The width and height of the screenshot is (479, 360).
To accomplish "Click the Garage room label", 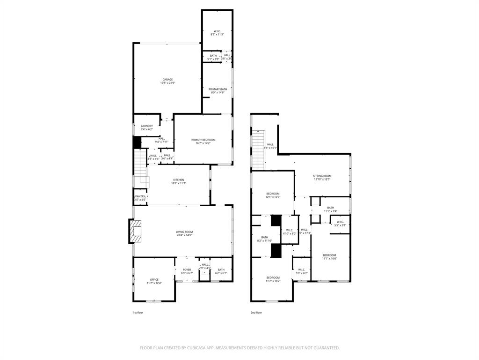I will tap(167, 80).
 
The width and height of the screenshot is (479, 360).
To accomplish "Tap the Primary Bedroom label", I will tap(203, 140).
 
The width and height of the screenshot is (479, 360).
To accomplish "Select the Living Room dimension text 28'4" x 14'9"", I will tap(184, 235).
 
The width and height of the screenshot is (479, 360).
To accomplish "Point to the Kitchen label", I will tap(179, 180).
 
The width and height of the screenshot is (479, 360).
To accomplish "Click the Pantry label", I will tap(140, 196).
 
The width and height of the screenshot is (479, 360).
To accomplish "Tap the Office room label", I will tap(154, 280).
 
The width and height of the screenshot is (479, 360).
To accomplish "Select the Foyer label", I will tap(187, 270).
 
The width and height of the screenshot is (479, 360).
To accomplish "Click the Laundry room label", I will tap(147, 126).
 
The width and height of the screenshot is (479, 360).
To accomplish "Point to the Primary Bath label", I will tap(218, 89).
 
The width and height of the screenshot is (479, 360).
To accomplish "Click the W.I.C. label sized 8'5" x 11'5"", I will tap(218, 31).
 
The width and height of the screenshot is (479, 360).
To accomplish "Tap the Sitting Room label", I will tap(322, 176).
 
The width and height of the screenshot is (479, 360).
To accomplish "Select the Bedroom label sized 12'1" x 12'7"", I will tap(273, 194).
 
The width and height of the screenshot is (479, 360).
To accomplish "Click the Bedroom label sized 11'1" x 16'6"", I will tap(329, 255).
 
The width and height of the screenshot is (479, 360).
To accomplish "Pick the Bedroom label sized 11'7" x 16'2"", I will tap(273, 277).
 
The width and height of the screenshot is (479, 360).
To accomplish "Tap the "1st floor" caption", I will tap(138, 312).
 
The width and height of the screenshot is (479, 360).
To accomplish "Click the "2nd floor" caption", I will tap(256, 312).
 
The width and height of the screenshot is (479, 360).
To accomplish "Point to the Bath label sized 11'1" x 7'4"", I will tap(331, 208).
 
